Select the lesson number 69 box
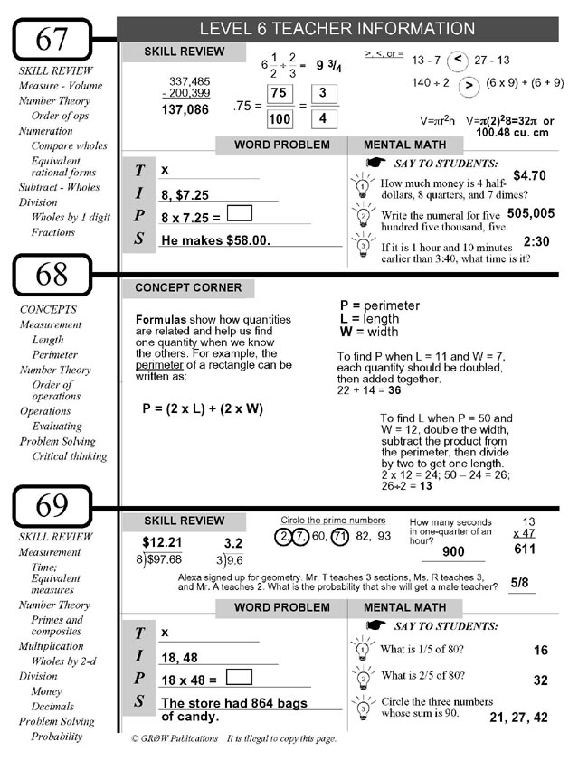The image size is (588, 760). pos(52,505)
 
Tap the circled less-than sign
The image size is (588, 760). pos(459,60)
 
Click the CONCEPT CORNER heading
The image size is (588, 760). pos(188,288)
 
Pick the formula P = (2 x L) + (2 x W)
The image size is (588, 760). pos(203,408)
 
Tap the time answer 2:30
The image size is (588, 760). pos(536,242)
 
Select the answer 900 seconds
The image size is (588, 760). pos(453,552)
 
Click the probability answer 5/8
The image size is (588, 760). pos(520,583)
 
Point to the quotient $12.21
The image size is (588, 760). pos(163,542)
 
